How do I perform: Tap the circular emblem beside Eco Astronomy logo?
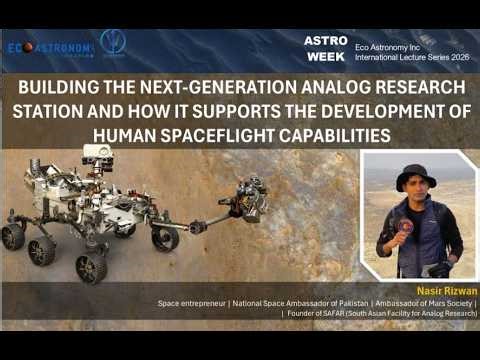point(113,42)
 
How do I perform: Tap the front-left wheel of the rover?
point(91,265)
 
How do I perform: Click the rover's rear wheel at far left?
point(13,235)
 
